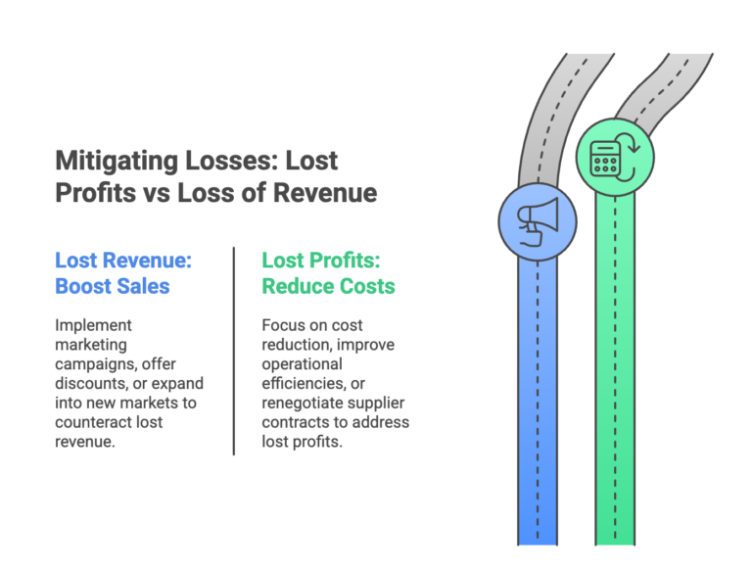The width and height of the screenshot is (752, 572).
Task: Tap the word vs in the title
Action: tap(155, 193)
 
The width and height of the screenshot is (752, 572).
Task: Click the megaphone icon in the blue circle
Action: tap(538, 221)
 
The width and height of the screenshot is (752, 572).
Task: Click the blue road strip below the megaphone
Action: tap(537, 411)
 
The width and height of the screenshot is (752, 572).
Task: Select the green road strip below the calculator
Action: tap(615, 392)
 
